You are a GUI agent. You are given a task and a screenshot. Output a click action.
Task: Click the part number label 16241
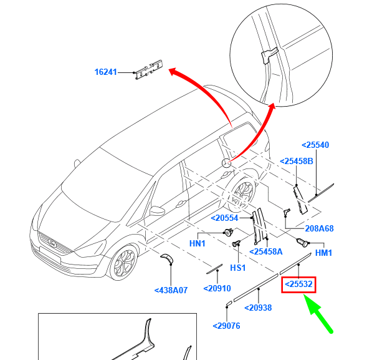105,72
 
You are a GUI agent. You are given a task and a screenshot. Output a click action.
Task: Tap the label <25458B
297,162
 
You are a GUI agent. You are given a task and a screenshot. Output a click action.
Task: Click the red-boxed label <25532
300,285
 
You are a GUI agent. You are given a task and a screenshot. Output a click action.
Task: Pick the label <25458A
266,251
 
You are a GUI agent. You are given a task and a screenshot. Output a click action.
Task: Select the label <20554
224,218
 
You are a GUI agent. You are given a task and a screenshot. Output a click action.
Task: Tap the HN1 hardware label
198,243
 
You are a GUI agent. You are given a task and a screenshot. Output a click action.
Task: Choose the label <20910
217,289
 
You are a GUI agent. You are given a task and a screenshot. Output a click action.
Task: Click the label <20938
258,307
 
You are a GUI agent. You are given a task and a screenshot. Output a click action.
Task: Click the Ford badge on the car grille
52,241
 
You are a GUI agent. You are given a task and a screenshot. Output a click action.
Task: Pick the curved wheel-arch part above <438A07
166,258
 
